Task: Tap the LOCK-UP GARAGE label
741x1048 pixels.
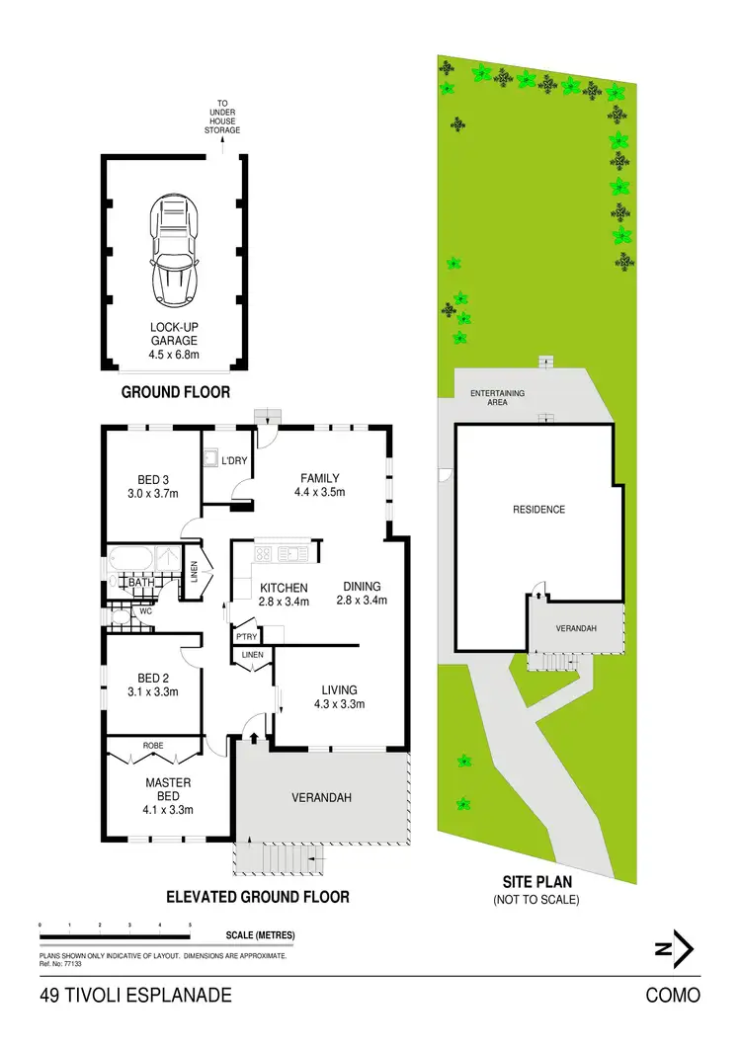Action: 174,341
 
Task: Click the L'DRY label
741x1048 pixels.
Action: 234,461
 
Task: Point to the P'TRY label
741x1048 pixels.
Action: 245,636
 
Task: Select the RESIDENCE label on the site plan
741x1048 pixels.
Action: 538,510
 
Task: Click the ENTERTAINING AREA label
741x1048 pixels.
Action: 497,398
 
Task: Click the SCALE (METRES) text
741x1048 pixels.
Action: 260,935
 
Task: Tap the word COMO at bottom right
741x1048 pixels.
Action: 673,995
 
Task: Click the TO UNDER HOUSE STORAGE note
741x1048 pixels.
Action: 222,117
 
